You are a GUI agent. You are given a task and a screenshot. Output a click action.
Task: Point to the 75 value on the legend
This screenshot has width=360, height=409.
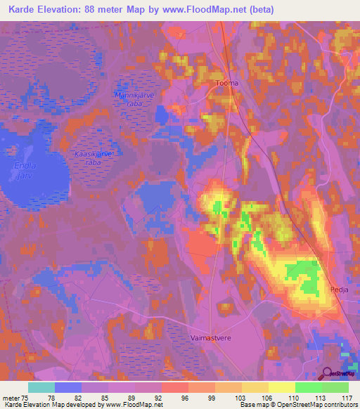coord(26,397)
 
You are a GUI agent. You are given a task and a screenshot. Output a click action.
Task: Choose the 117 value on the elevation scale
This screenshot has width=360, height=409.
coord(345,397)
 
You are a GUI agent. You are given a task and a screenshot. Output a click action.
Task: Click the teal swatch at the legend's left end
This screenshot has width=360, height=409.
coord(41,387)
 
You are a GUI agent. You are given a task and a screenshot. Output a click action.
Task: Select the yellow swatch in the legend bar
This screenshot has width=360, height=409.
coord(281,387)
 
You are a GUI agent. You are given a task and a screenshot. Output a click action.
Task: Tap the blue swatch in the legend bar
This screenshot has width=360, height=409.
coord(68,387)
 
